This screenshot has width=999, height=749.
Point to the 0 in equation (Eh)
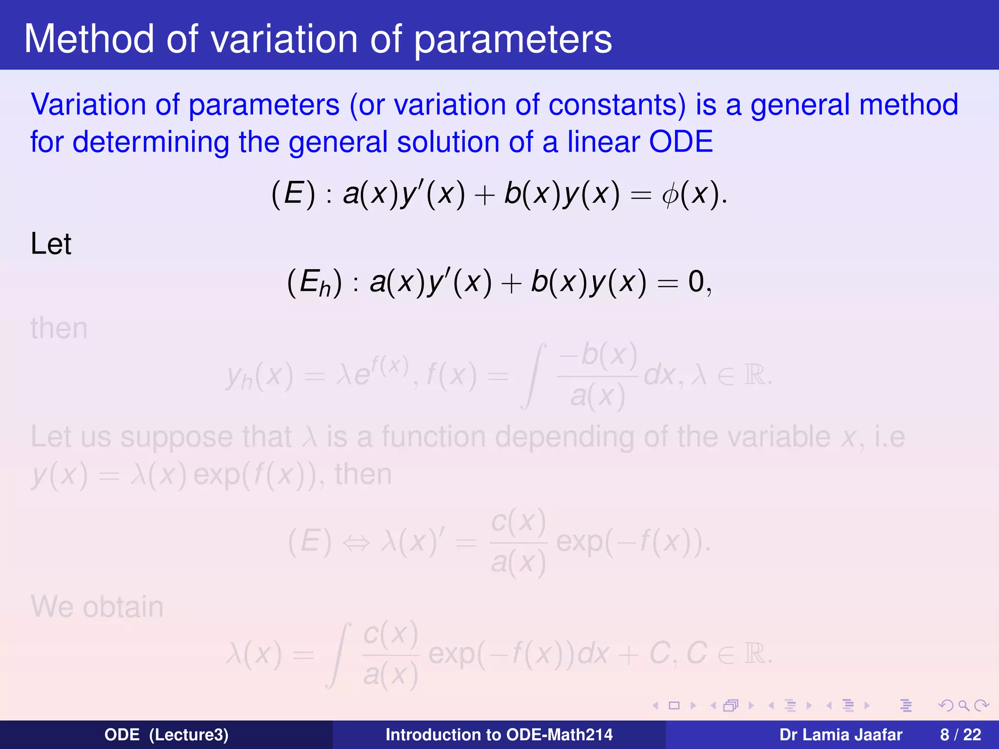(696, 282)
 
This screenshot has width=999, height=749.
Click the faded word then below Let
(59, 328)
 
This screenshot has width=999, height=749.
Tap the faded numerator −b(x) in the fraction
(598, 356)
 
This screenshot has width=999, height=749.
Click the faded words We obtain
(97, 607)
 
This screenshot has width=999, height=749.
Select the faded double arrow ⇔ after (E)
(356, 543)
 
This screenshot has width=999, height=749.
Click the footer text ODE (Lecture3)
(166, 735)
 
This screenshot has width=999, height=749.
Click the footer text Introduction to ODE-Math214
(499, 735)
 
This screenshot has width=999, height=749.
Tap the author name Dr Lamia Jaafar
(840, 735)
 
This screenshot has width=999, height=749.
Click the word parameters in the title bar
(513, 40)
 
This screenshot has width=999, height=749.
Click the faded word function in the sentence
(433, 437)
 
